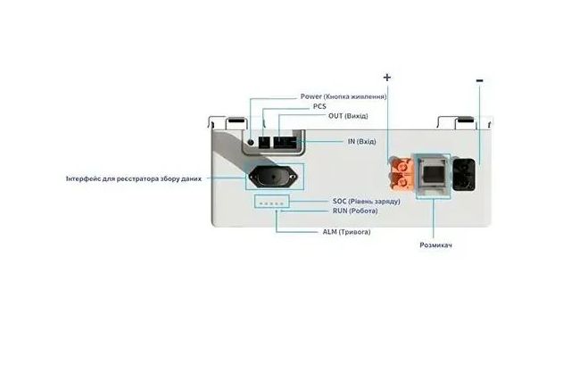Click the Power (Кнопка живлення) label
pos(343,96)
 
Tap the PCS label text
pos(319,106)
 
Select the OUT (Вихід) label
pos(348,116)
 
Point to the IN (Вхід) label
pos(361,141)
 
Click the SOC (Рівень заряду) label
pos(367,201)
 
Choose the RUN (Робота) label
pos(355,211)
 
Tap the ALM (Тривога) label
pos(346,232)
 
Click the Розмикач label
pos(436,245)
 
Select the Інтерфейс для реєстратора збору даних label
pos(134,178)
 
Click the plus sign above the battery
pos(387,78)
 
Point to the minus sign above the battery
pos(480,80)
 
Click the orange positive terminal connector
pos(401,173)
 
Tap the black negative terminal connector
pos(464,175)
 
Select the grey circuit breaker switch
pos(433,175)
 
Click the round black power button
pos(251,142)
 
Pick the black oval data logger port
pos(273,177)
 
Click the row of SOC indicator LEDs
pos(271,203)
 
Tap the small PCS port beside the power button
pos(264,142)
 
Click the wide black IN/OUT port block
pos(285,142)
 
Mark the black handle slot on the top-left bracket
pos(236,120)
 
